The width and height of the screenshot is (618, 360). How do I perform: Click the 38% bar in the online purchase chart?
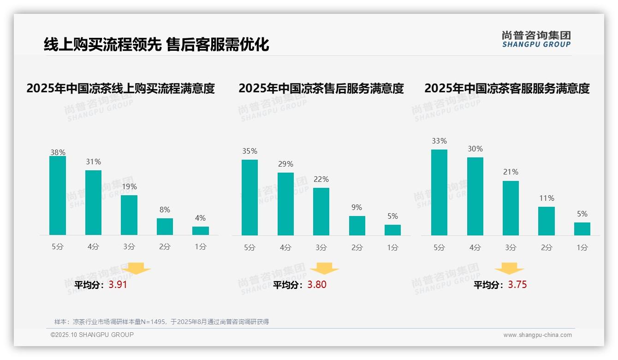click(x=58, y=196)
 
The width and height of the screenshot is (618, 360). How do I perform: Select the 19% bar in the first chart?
click(x=129, y=215)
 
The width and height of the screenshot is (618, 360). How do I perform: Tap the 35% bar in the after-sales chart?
click(x=250, y=198)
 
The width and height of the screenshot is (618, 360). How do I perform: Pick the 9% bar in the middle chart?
click(x=357, y=226)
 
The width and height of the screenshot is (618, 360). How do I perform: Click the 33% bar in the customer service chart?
click(x=439, y=192)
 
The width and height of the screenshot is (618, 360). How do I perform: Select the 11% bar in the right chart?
click(x=547, y=221)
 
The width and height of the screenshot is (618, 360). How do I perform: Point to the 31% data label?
click(x=93, y=162)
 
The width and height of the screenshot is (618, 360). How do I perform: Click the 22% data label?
click(x=321, y=180)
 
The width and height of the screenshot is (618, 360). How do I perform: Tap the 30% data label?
click(x=475, y=149)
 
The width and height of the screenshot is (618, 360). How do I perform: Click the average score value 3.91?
click(x=118, y=285)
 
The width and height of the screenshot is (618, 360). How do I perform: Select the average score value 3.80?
click(x=317, y=285)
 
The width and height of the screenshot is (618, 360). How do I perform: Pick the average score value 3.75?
click(x=517, y=285)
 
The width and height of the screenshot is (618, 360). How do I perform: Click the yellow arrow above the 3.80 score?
click(x=325, y=268)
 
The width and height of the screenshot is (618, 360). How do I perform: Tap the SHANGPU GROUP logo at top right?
click(x=536, y=39)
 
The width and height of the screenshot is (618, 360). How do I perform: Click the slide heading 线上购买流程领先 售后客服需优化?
click(x=156, y=44)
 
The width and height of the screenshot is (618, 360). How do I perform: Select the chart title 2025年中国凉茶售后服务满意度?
click(x=321, y=88)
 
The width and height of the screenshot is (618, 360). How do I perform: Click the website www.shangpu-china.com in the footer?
click(x=537, y=335)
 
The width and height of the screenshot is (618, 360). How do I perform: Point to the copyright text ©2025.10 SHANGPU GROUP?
click(x=92, y=335)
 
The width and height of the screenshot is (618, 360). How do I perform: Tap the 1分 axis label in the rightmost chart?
click(x=582, y=248)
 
